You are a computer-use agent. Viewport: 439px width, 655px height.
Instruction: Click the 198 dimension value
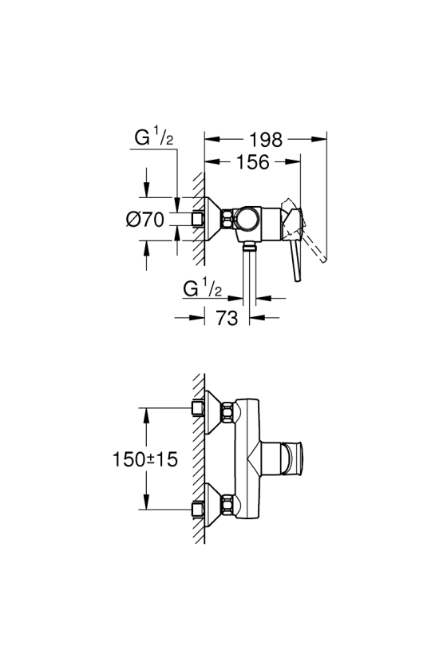coord(266,140)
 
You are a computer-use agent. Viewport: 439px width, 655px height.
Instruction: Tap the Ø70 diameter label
coord(145,219)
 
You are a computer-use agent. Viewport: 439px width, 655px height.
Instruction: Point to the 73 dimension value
coord(227,318)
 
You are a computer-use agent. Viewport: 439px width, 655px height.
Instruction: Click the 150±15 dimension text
coord(145,459)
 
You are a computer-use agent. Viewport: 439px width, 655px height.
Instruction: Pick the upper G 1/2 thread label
coord(153,137)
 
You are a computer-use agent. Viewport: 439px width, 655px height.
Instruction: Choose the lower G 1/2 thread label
coord(203,288)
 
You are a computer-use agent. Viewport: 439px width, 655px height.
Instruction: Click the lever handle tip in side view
coord(297,278)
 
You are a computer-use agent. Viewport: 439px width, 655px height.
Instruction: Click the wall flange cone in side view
coord(213,219)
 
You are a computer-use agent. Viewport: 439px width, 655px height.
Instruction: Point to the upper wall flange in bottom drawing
coord(213,411)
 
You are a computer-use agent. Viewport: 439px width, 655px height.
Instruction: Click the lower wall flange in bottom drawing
coord(213,505)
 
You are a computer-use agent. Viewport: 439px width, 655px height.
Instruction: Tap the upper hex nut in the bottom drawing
coord(227,412)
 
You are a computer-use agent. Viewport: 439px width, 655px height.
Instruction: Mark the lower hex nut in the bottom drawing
coord(227,505)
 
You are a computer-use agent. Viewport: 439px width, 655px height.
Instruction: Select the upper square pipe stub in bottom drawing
coord(198,408)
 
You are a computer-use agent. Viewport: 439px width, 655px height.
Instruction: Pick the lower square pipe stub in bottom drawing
coord(198,509)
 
